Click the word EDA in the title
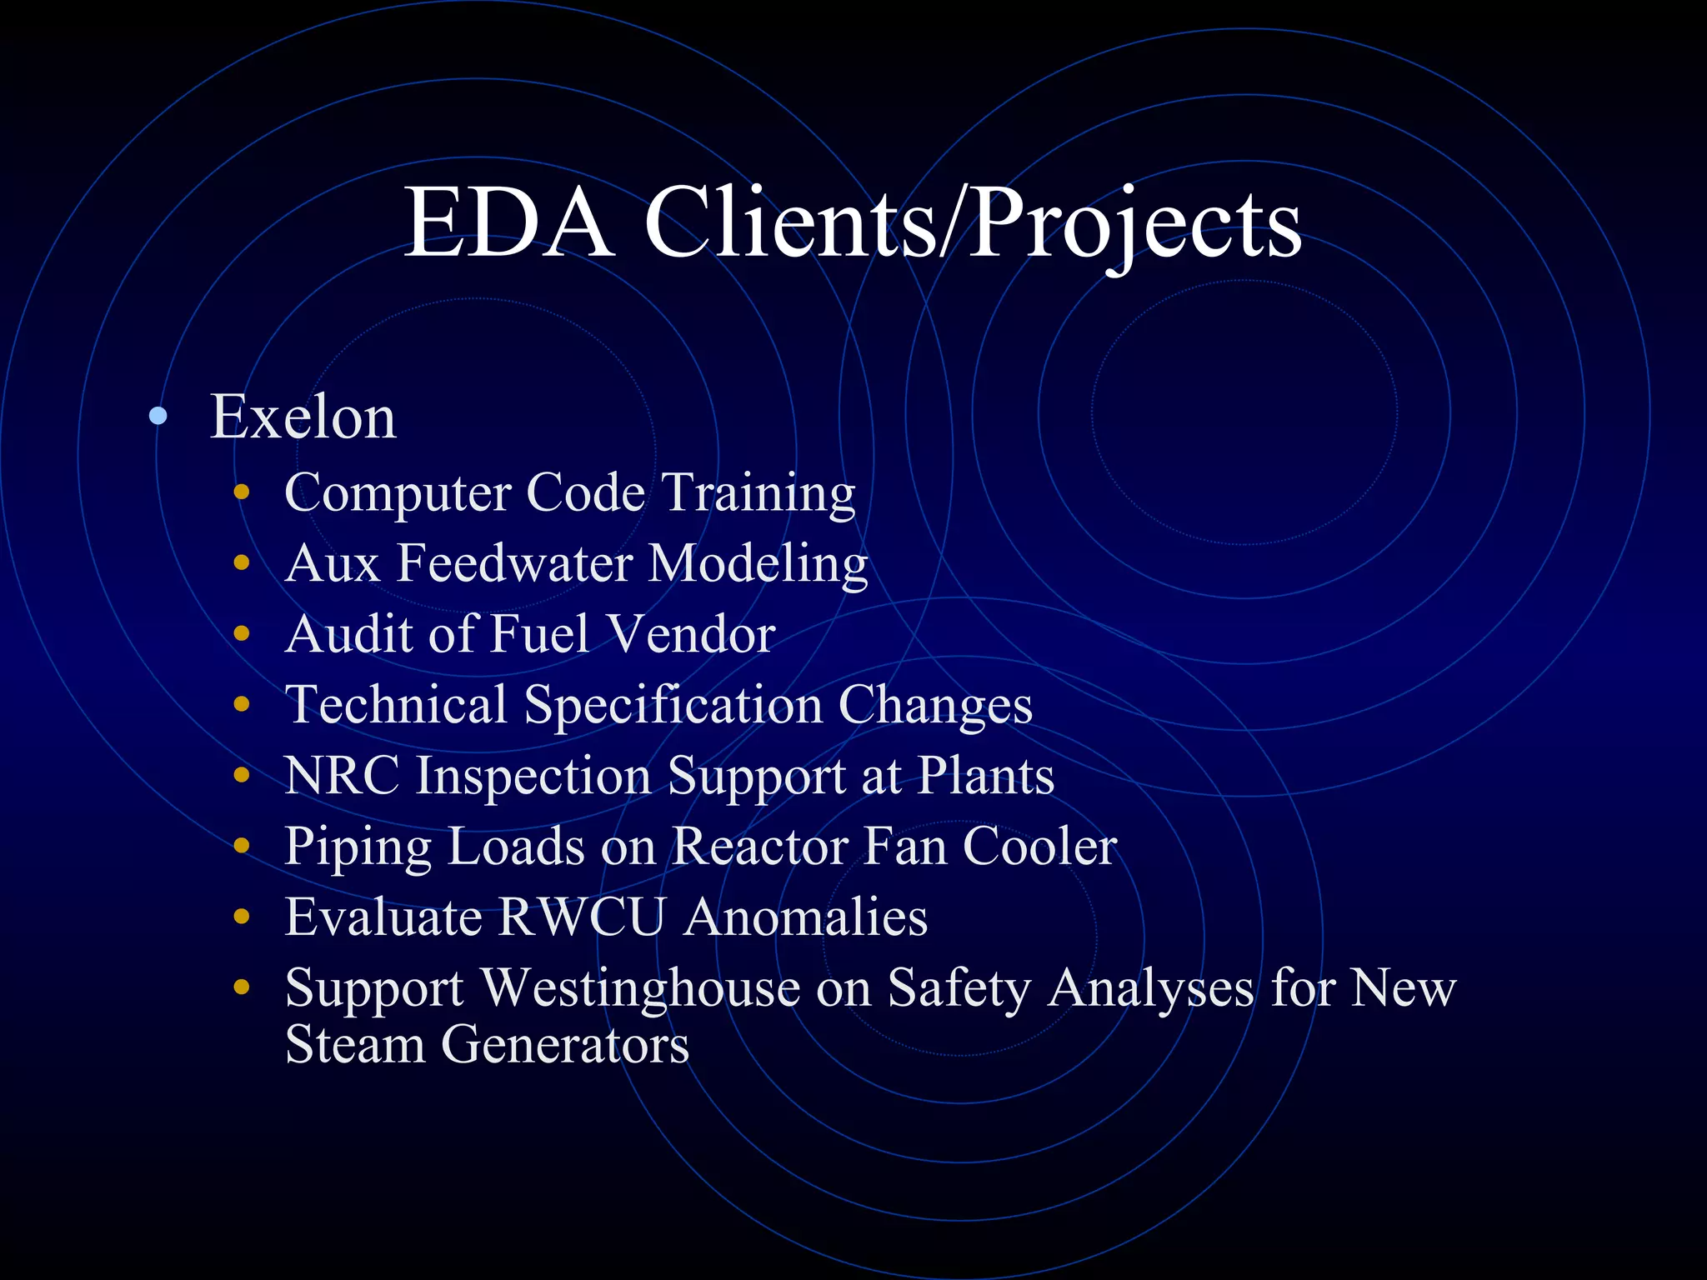click(508, 223)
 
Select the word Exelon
click(303, 417)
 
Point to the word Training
click(759, 492)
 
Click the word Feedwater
click(514, 563)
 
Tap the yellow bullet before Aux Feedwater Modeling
click(242, 563)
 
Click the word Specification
click(673, 706)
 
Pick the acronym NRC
click(342, 776)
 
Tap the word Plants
click(985, 776)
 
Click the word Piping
click(358, 847)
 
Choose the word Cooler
click(1039, 847)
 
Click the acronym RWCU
click(582, 917)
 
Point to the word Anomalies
click(806, 917)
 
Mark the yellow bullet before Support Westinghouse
click(242, 987)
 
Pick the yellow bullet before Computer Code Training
click(242, 492)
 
